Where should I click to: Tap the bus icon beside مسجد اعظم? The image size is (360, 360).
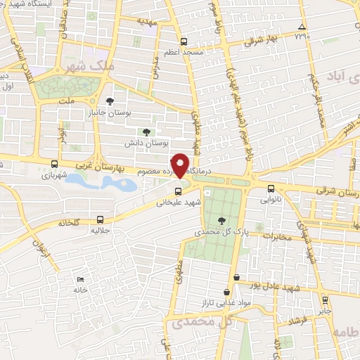[x=184, y=41]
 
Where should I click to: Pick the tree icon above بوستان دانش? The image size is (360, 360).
[x=146, y=131]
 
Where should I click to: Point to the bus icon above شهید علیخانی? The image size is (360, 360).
[x=179, y=190]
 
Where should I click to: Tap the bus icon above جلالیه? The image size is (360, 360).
[x=101, y=219]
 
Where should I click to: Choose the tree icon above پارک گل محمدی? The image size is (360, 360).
[x=222, y=220]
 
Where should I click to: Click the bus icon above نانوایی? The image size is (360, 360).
[x=271, y=188]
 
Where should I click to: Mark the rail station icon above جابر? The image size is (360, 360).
[x=323, y=298]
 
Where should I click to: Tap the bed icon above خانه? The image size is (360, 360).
[x=79, y=280]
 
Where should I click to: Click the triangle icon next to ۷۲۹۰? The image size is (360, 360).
[x=302, y=27]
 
